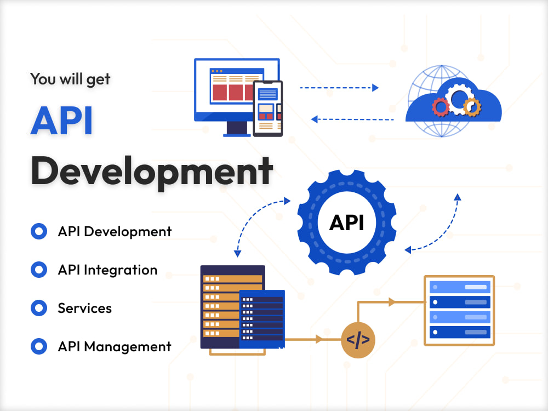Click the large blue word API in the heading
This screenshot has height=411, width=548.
(x=61, y=121)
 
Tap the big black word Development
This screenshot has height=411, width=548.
(x=152, y=171)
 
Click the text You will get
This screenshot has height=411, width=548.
(x=70, y=79)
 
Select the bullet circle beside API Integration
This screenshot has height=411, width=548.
(x=39, y=270)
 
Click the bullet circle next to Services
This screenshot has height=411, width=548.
(x=39, y=308)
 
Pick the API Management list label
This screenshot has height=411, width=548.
(x=115, y=347)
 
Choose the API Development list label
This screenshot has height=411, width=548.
(x=115, y=231)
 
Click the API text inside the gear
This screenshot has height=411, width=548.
(x=347, y=222)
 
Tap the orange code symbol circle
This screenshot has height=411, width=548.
(x=358, y=340)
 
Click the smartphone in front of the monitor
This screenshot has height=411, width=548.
(x=268, y=109)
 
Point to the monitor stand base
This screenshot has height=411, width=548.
(x=237, y=135)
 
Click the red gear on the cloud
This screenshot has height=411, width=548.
(x=441, y=107)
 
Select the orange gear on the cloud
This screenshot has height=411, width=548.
(x=472, y=107)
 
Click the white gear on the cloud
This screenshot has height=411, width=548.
(x=458, y=98)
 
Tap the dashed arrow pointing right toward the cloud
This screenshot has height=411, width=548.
(x=339, y=88)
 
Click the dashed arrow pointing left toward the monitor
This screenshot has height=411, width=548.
(x=352, y=119)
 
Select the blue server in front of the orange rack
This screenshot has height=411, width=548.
(x=262, y=319)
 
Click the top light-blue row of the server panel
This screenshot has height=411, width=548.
(x=460, y=287)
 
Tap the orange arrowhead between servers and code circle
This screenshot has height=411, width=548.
(x=319, y=339)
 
